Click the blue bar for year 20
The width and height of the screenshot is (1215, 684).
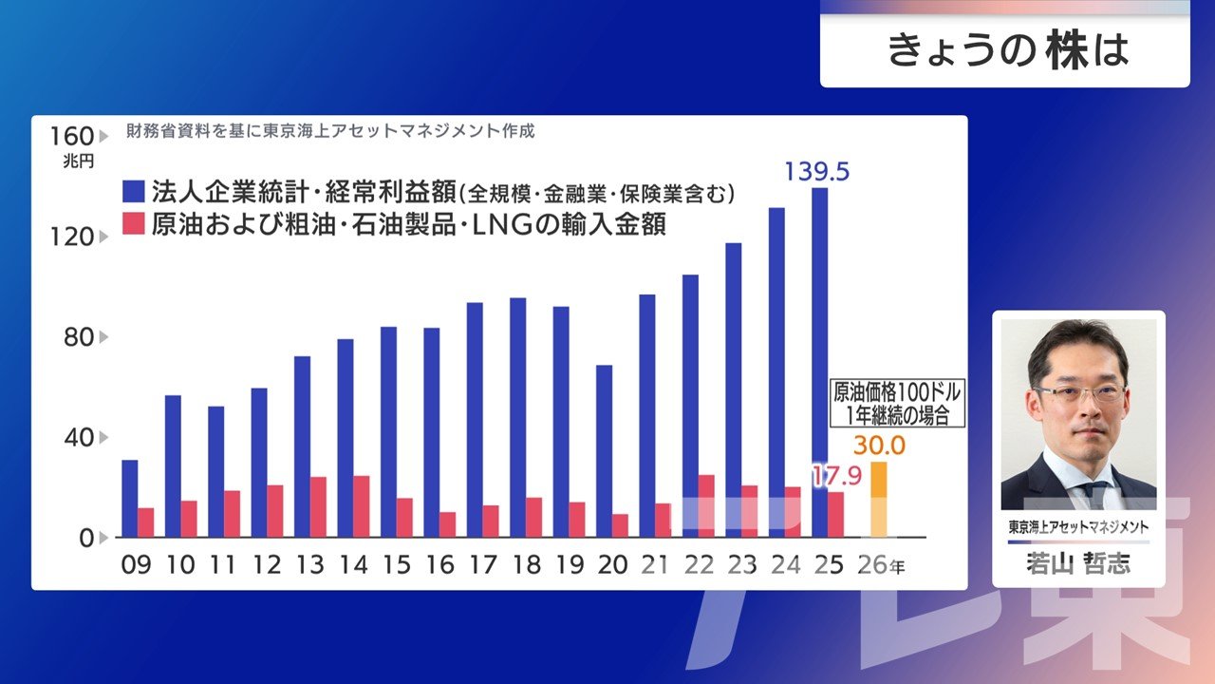coord(604,451)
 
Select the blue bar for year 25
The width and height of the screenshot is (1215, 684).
coord(819,361)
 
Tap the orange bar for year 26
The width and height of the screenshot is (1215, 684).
coord(879,499)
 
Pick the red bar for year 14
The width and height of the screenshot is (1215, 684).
coord(362,506)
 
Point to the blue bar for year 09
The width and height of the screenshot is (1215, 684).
coord(129,499)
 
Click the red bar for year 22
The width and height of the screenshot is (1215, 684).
coord(706,506)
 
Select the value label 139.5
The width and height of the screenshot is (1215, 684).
coord(816,172)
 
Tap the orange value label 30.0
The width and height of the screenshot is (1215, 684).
coord(879,446)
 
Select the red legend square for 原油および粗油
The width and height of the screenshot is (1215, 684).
coord(135,225)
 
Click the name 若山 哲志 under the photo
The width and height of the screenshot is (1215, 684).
coord(1078,564)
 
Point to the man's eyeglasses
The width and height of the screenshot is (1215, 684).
coord(1078,392)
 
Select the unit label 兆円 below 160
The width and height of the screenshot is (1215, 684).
coord(79,161)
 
